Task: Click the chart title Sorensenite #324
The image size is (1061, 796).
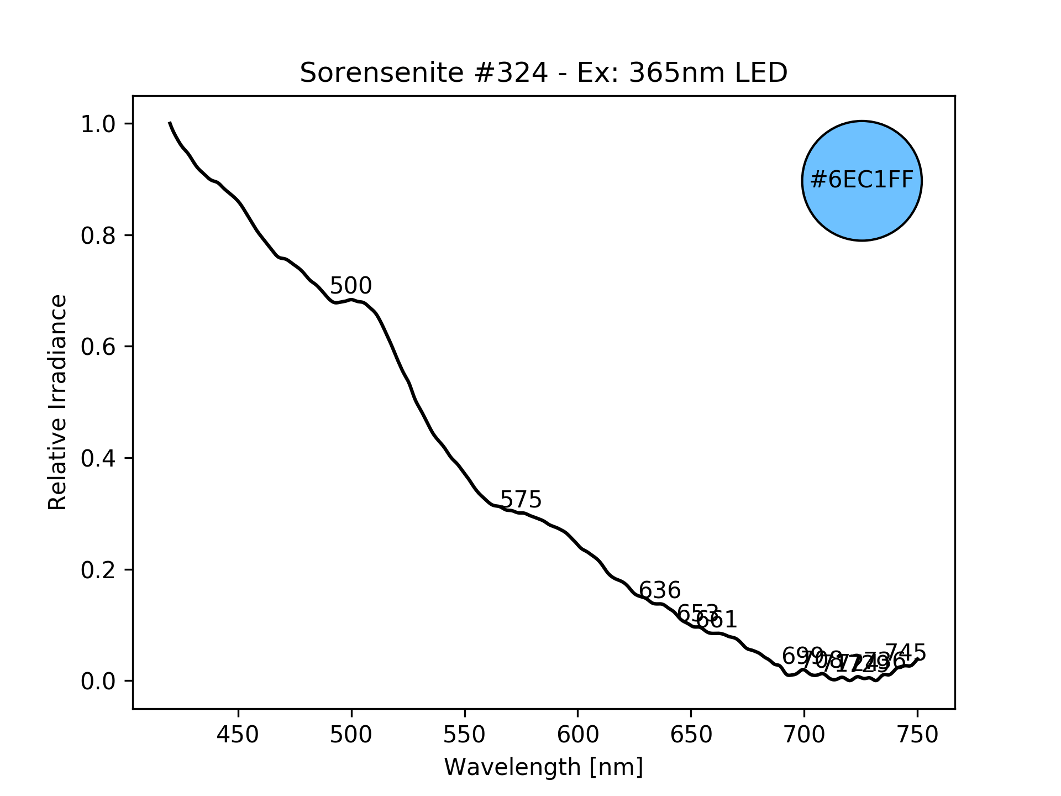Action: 543,73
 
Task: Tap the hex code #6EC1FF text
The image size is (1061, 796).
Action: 862,180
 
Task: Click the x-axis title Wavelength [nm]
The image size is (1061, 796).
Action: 543,767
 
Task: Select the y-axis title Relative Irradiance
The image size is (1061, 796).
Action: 57,402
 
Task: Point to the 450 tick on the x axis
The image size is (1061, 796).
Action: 238,735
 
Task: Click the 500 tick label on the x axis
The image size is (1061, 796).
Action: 351,735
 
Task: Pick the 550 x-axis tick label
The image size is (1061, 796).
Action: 465,735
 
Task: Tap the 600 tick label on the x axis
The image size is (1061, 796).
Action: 577,735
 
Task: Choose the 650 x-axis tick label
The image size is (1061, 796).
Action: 691,735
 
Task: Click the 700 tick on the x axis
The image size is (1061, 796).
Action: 804,735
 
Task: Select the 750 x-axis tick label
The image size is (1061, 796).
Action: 917,735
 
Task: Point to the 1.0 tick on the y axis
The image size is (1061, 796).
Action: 98,124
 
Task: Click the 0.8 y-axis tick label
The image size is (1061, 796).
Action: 98,235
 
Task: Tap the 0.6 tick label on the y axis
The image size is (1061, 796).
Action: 98,347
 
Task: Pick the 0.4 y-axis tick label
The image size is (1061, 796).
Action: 98,458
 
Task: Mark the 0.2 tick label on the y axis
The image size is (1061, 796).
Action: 98,570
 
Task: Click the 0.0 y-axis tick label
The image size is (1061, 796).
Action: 98,681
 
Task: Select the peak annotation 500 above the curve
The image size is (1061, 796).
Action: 351,286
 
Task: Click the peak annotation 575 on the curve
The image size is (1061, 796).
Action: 521,500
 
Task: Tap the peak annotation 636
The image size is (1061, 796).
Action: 660,590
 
